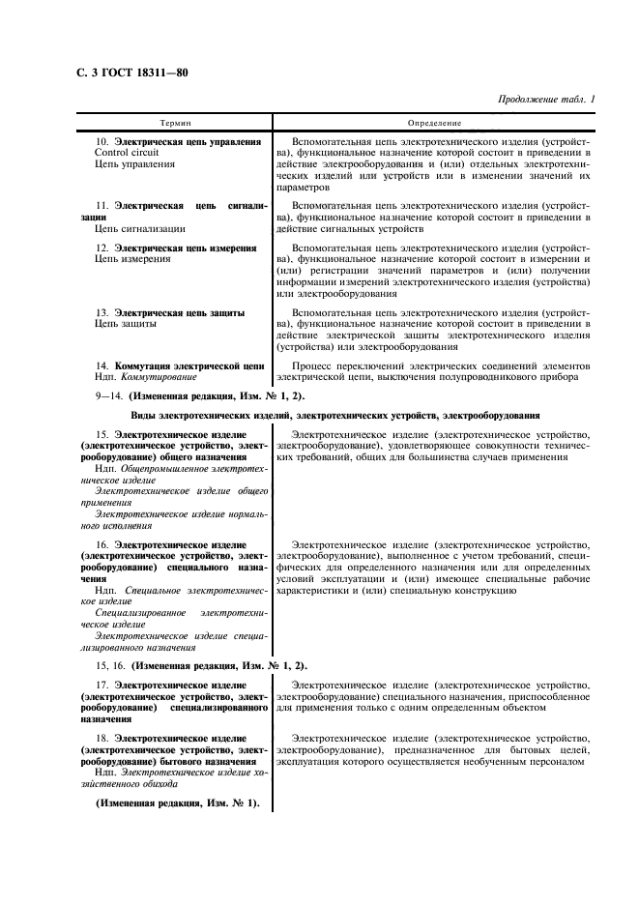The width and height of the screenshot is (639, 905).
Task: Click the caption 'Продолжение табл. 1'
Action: tap(547, 100)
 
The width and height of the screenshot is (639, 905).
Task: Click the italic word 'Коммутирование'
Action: tap(159, 378)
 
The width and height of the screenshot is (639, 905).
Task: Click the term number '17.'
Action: tap(102, 686)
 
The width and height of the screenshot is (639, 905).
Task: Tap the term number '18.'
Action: tap(102, 739)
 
